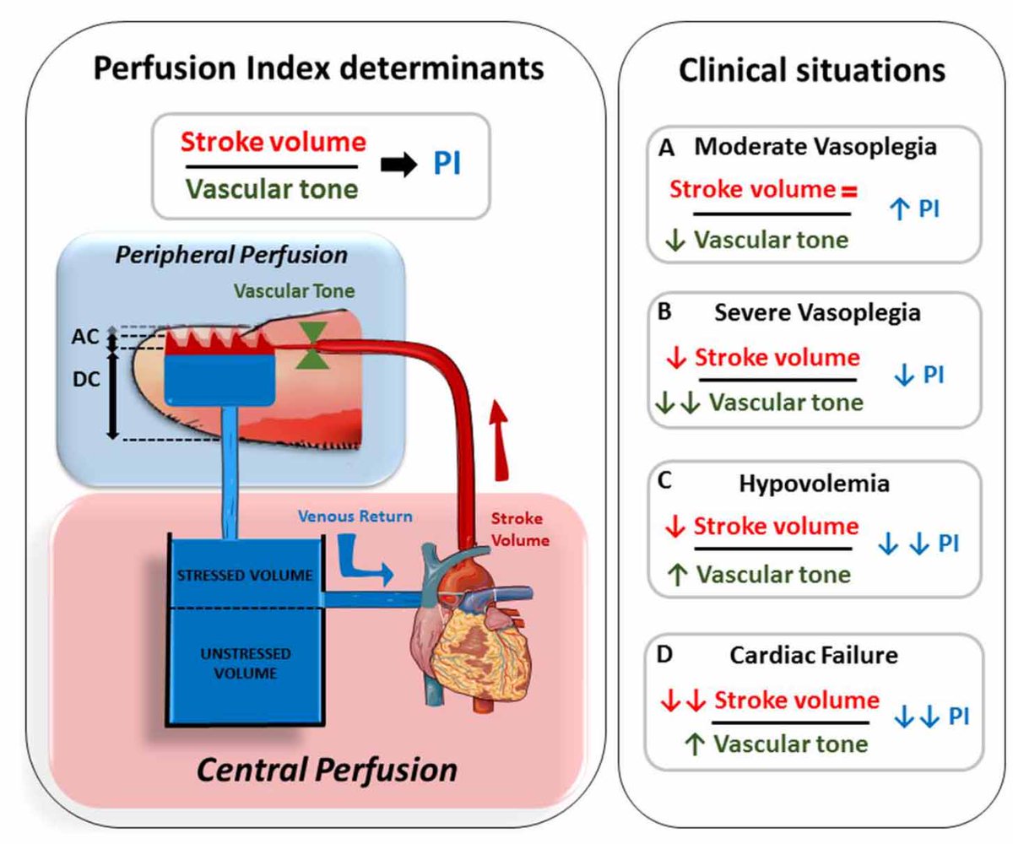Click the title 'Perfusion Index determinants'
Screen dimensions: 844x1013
318,68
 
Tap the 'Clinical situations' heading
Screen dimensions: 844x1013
811,70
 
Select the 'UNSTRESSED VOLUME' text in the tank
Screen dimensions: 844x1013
246,664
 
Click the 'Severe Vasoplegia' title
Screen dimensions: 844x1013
817,313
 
